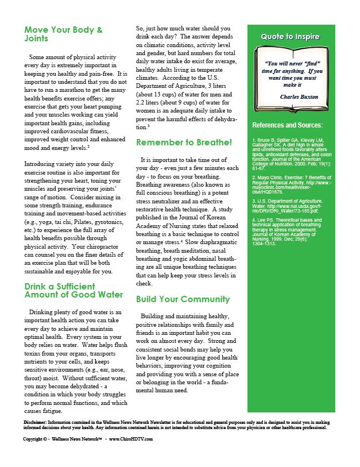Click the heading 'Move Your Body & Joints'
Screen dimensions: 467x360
pyautogui.click(x=63, y=34)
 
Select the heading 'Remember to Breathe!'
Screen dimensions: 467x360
pyautogui.click(x=184, y=142)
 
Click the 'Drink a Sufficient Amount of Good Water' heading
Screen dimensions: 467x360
pyautogui.click(x=73, y=290)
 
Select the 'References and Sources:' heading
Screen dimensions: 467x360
pyautogui.click(x=287, y=125)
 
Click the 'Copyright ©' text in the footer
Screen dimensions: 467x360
pyautogui.click(x=36, y=439)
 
